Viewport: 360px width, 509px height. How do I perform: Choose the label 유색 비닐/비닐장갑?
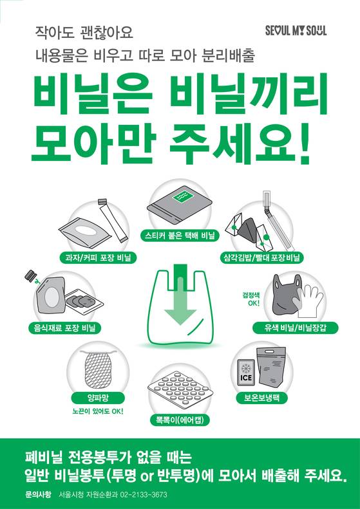(x=296, y=328)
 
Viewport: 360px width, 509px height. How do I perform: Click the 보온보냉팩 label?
(x=261, y=397)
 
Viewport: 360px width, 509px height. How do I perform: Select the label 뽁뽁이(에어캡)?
(x=180, y=421)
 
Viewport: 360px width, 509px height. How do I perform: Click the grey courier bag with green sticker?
(x=180, y=206)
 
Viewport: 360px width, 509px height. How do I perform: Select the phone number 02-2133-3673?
(x=140, y=495)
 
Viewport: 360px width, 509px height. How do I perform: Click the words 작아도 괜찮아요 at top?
(x=84, y=32)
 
